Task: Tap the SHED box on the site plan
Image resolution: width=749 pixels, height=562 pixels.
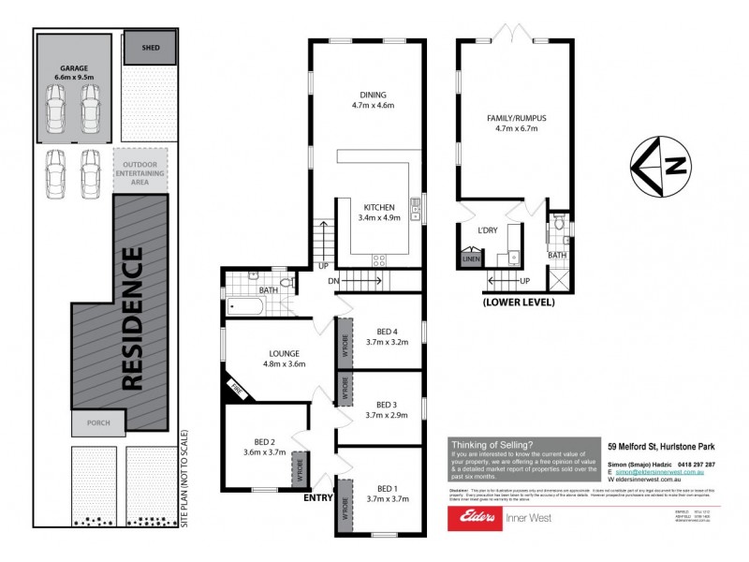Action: point(149,47)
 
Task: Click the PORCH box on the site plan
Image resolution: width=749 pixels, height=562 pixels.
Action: point(97,424)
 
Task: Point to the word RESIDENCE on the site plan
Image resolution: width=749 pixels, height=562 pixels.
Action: point(132,318)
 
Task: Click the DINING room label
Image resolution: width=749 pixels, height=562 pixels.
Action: point(372,95)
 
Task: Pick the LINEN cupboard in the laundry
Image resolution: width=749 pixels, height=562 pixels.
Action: point(471,259)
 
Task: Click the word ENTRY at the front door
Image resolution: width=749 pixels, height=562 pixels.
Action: point(318,498)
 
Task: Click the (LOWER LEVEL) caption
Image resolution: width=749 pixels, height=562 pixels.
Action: point(519,303)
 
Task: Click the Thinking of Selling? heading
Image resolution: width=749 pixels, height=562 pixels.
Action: point(492,445)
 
